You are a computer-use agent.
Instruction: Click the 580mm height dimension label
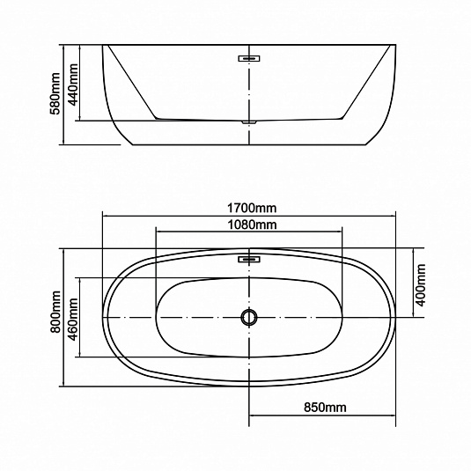click(55, 93)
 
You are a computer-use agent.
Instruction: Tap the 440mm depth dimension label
click(73, 85)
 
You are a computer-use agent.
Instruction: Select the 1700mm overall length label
click(252, 208)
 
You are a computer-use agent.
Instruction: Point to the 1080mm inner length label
click(252, 224)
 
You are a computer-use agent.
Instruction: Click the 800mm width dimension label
click(55, 312)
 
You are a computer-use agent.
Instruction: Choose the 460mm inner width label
click(73, 320)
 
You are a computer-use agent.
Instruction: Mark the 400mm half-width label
click(420, 285)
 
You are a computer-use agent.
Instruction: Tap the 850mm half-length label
click(325, 408)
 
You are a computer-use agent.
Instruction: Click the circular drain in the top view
click(249, 317)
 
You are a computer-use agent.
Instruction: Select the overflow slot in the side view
click(249, 58)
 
